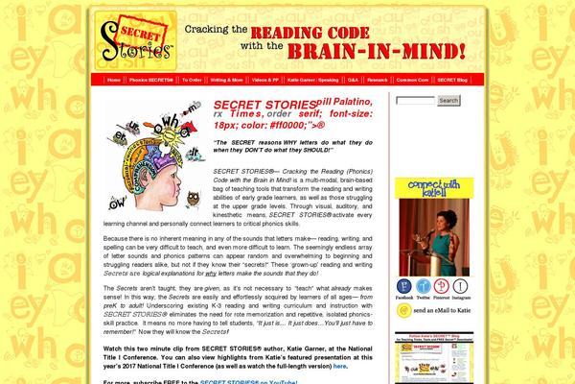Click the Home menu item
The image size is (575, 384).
click(115, 81)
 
